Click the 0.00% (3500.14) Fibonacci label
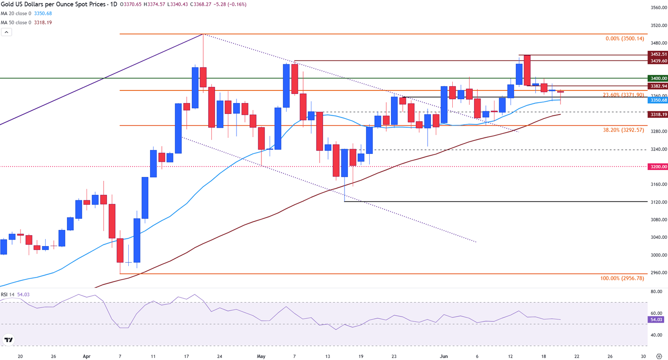[625, 39]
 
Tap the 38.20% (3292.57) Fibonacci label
[623, 130]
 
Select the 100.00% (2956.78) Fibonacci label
[622, 278]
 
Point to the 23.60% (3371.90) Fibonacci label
[623, 95]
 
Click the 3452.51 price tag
[658, 54]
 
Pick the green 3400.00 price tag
[658, 78]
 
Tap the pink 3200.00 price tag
[658, 167]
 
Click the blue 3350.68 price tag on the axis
[658, 100]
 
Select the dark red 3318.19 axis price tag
[658, 114]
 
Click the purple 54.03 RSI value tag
[656, 320]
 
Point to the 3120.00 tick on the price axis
[659, 202]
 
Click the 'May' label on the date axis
[261, 357]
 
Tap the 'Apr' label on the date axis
[87, 357]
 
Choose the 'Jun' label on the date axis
[444, 357]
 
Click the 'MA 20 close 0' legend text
[16, 13]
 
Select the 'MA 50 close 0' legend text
[16, 23]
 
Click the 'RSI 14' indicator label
[7, 295]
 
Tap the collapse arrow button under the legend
[7, 32]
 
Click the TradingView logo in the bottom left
[8, 340]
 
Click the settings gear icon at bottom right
[659, 356]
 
